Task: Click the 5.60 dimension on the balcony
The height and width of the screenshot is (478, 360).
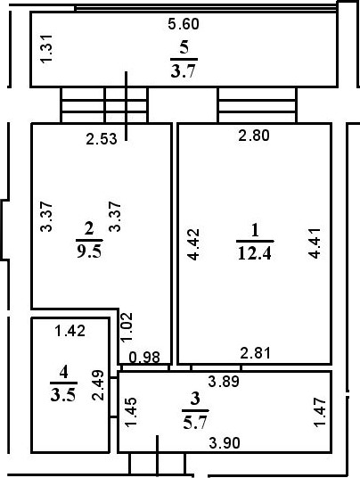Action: point(184,24)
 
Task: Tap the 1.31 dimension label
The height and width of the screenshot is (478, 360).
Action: point(47,49)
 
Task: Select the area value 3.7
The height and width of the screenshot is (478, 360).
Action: point(183,71)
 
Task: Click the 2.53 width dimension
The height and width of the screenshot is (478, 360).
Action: point(102,139)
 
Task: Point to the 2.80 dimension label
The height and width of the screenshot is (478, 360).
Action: point(254,136)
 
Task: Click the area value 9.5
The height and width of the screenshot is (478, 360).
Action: point(89,251)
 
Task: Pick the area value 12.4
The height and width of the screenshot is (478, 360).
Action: point(255,253)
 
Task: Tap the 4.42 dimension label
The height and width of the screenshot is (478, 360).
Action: point(193,244)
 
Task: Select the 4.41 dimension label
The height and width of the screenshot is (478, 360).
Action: point(315,243)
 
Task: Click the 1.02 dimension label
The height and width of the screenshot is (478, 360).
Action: point(127,326)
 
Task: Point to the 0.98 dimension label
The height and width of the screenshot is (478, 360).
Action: point(144,358)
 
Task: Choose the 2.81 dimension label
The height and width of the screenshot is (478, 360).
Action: point(255,353)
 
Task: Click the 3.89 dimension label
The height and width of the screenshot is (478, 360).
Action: point(224,382)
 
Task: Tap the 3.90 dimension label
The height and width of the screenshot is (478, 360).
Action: point(225,443)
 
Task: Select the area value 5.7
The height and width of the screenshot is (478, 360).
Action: point(195,423)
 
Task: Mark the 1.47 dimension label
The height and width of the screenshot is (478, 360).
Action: point(320,413)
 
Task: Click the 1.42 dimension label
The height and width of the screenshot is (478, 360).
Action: point(70,331)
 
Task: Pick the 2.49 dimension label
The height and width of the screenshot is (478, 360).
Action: point(98,385)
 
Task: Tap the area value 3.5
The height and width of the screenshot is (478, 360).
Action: point(63,395)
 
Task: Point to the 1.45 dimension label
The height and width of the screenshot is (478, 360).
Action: point(131,412)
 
